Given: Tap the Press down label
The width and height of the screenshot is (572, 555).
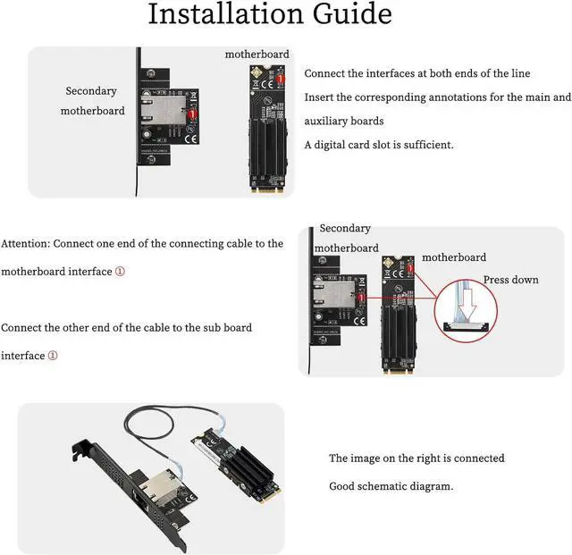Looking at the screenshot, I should pyautogui.click(x=510, y=280).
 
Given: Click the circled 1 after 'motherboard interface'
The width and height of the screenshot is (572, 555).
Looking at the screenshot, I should pyautogui.click(x=120, y=272).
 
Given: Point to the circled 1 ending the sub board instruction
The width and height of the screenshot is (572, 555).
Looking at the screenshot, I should pyautogui.click(x=53, y=356).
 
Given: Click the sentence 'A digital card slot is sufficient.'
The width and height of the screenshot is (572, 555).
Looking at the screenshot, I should pyautogui.click(x=379, y=145).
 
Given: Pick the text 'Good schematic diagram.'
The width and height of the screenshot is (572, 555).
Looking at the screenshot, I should pyautogui.click(x=391, y=486).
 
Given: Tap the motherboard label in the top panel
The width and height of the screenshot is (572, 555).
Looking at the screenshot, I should pyautogui.click(x=257, y=54).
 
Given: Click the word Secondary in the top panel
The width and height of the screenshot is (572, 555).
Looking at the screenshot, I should pyautogui.click(x=91, y=90).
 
